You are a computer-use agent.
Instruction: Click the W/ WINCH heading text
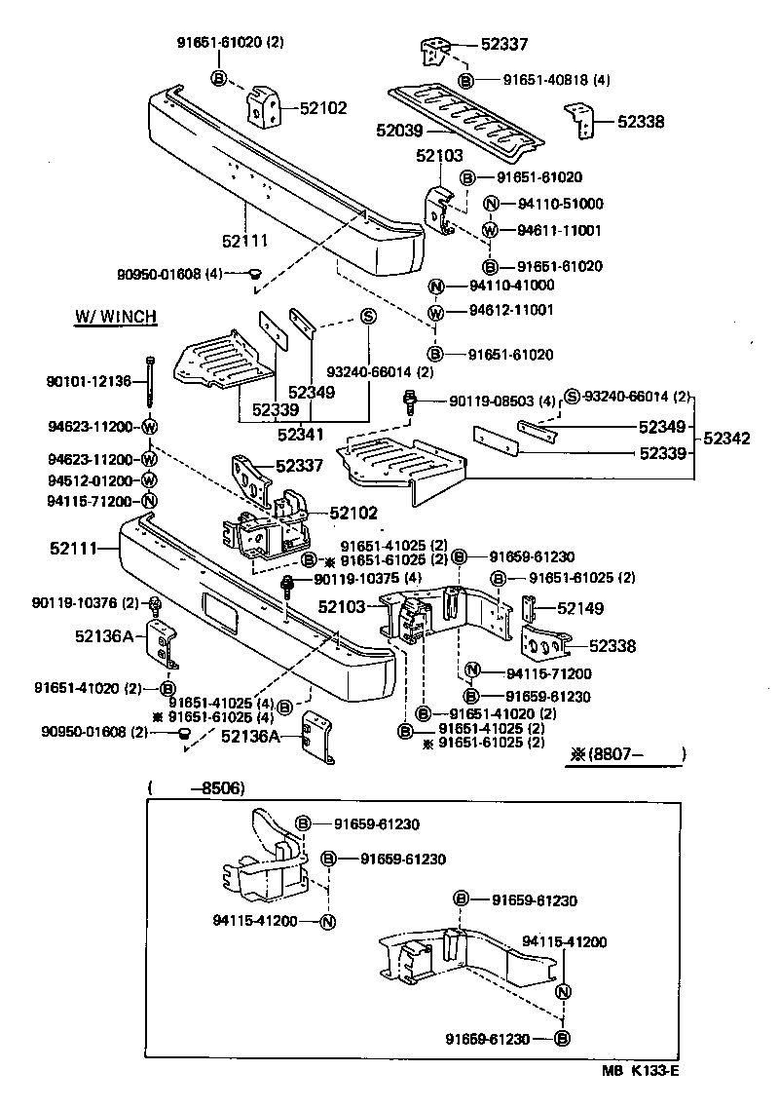coord(116,318)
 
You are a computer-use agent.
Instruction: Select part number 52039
coord(401,129)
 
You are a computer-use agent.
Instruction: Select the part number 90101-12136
coord(88,381)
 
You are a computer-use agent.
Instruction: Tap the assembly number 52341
coord(302,434)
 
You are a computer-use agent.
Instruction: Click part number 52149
coord(580,609)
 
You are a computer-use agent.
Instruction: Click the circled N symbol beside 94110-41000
coord(436,287)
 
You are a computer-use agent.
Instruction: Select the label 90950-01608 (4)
coord(180,274)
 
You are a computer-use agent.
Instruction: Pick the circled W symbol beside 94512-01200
coord(149,479)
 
